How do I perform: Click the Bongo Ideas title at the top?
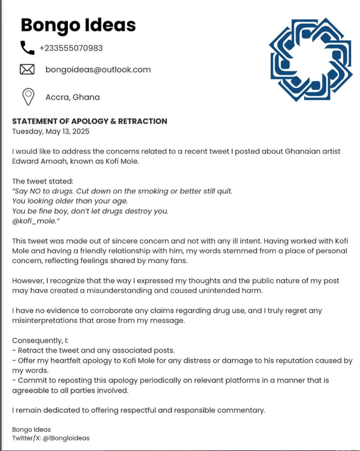[78, 25]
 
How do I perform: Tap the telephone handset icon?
[27, 48]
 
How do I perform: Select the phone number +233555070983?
[71, 48]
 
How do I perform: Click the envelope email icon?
[27, 70]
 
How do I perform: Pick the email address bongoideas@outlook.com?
[98, 70]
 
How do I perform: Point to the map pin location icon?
[28, 97]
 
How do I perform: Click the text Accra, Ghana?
[72, 97]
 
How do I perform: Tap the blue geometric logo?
[310, 59]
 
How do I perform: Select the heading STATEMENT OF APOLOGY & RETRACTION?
[89, 121]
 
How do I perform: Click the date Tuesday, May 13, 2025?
[51, 132]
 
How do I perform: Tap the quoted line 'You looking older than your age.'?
[70, 201]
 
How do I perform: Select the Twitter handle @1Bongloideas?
[66, 438]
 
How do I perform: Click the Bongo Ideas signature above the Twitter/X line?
[31, 429]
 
